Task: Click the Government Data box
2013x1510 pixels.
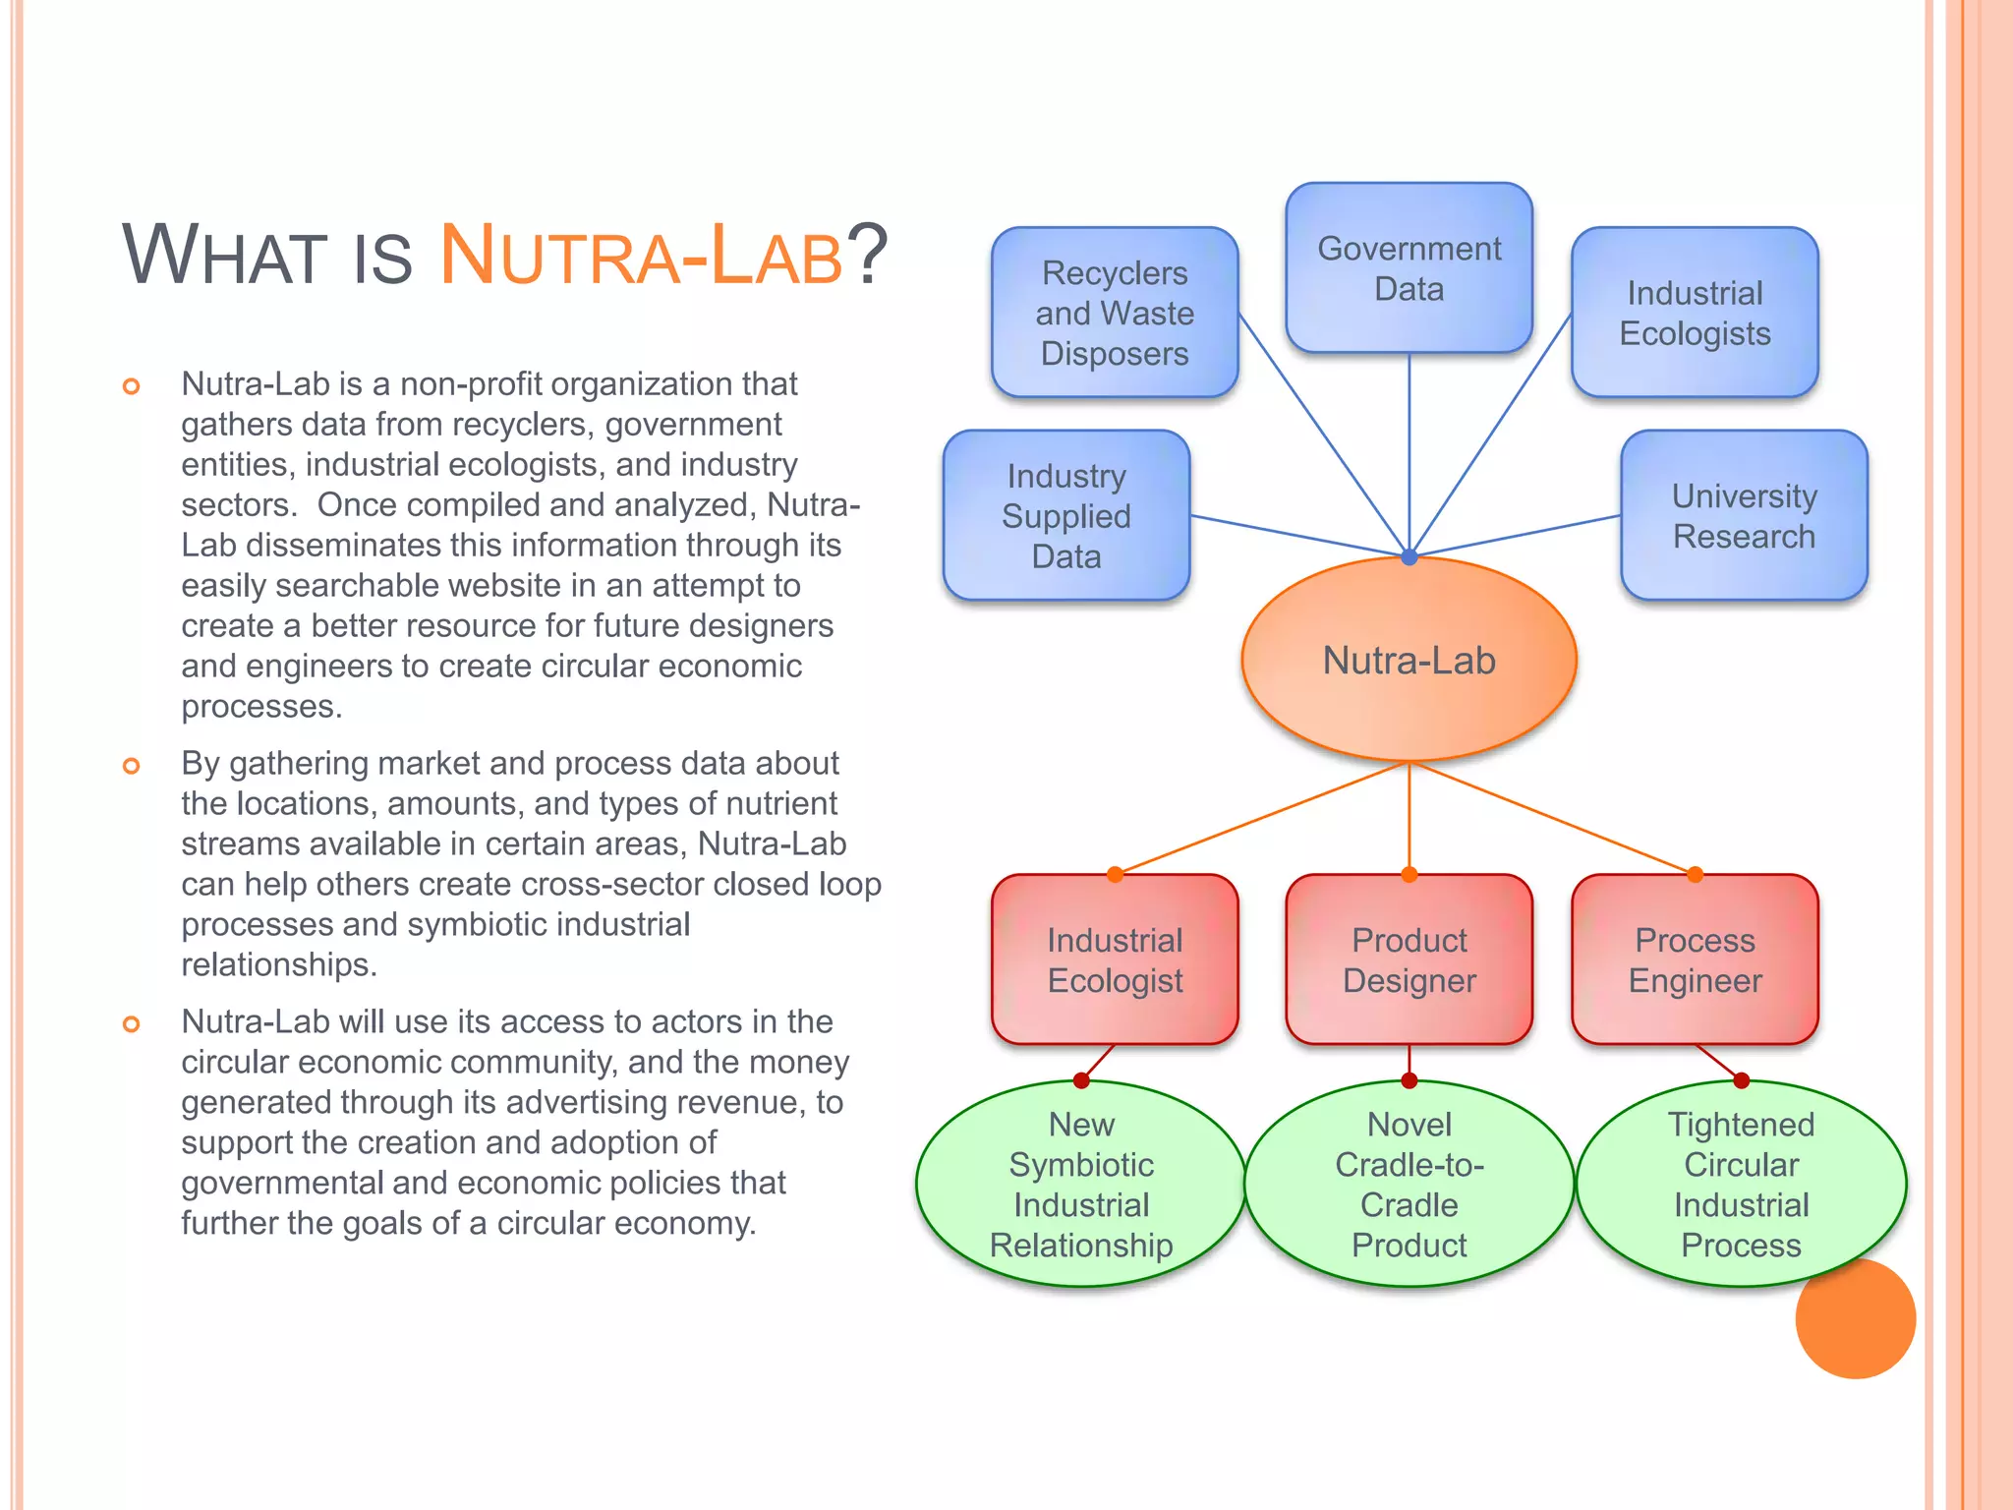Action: [1409, 267]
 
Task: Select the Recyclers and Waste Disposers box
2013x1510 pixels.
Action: [1115, 313]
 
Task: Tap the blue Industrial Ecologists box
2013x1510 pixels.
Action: [1695, 313]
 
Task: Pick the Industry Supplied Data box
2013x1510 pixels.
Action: [1066, 515]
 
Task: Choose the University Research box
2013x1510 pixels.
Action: [1744, 515]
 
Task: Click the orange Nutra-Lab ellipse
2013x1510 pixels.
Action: [1409, 660]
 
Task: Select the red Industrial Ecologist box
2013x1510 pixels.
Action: [1115, 959]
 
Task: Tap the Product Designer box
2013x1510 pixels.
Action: [1409, 959]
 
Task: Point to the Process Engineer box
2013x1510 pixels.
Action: [1695, 959]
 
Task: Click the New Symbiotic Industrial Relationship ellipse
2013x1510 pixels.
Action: [1081, 1184]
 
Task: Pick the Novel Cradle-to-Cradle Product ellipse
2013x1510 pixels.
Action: [1409, 1184]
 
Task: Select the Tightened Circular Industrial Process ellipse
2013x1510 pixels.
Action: [1741, 1184]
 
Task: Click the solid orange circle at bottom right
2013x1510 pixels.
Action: [1856, 1319]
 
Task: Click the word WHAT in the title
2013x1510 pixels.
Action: [224, 255]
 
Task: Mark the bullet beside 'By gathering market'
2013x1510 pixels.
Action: [131, 766]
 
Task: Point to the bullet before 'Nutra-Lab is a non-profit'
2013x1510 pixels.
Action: [131, 386]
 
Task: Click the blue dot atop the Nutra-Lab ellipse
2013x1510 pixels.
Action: [1409, 557]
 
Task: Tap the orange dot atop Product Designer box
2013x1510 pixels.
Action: [1409, 874]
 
